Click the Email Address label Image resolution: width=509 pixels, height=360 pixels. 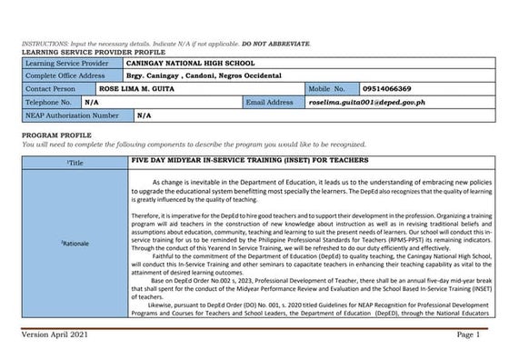point(268,103)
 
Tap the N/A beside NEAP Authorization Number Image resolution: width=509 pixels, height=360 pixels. point(144,116)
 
